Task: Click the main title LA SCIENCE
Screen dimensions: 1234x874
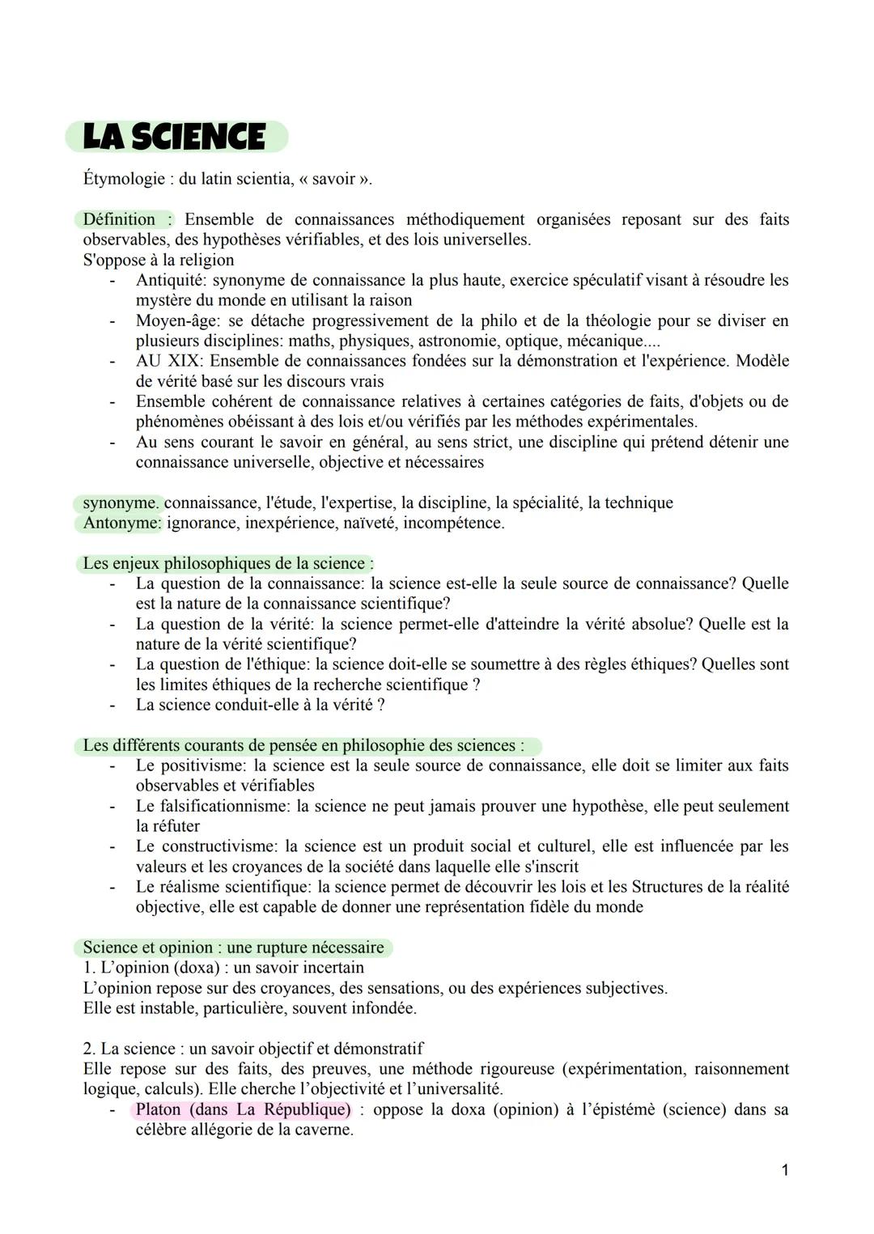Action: (175, 137)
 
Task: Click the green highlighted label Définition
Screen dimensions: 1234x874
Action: (120, 219)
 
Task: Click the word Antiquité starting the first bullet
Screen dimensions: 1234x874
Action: (170, 280)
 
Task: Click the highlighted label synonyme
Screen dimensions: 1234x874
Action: (120, 503)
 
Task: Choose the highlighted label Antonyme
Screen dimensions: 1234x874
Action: (121, 523)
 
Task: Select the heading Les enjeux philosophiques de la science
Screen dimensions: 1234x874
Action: (227, 563)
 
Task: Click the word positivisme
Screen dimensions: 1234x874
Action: (202, 765)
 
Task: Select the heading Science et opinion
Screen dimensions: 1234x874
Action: (152, 948)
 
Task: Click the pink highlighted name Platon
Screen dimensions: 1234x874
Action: (159, 1109)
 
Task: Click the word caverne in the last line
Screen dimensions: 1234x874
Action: (320, 1130)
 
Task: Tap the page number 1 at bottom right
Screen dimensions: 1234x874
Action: (784, 1170)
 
